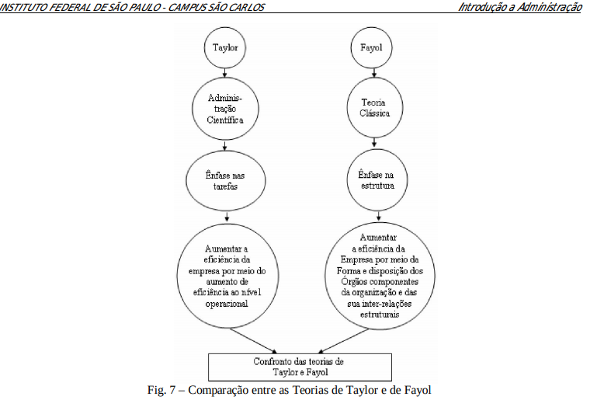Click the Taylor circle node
coord(225,47)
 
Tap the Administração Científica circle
coord(225,110)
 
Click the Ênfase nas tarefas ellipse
coord(225,181)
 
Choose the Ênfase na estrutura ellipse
coord(376,181)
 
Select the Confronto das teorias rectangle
coord(297,367)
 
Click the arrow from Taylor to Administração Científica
coord(225,72)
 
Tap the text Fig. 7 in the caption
coord(162,388)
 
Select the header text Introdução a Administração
coord(519,7)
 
